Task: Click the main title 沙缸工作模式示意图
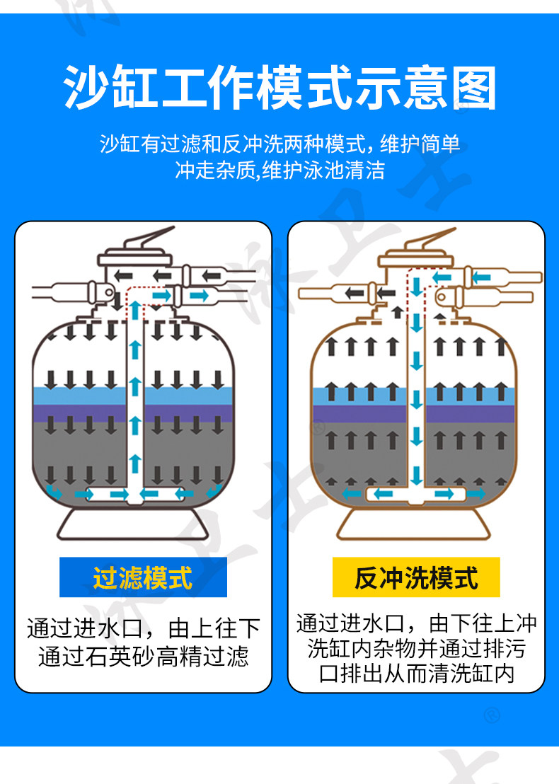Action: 279,88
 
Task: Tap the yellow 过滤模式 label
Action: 143,577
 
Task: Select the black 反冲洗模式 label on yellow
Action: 416,577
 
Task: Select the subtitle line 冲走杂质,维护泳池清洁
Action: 279,171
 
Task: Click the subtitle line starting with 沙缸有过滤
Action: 279,144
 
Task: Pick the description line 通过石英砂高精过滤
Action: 143,657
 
